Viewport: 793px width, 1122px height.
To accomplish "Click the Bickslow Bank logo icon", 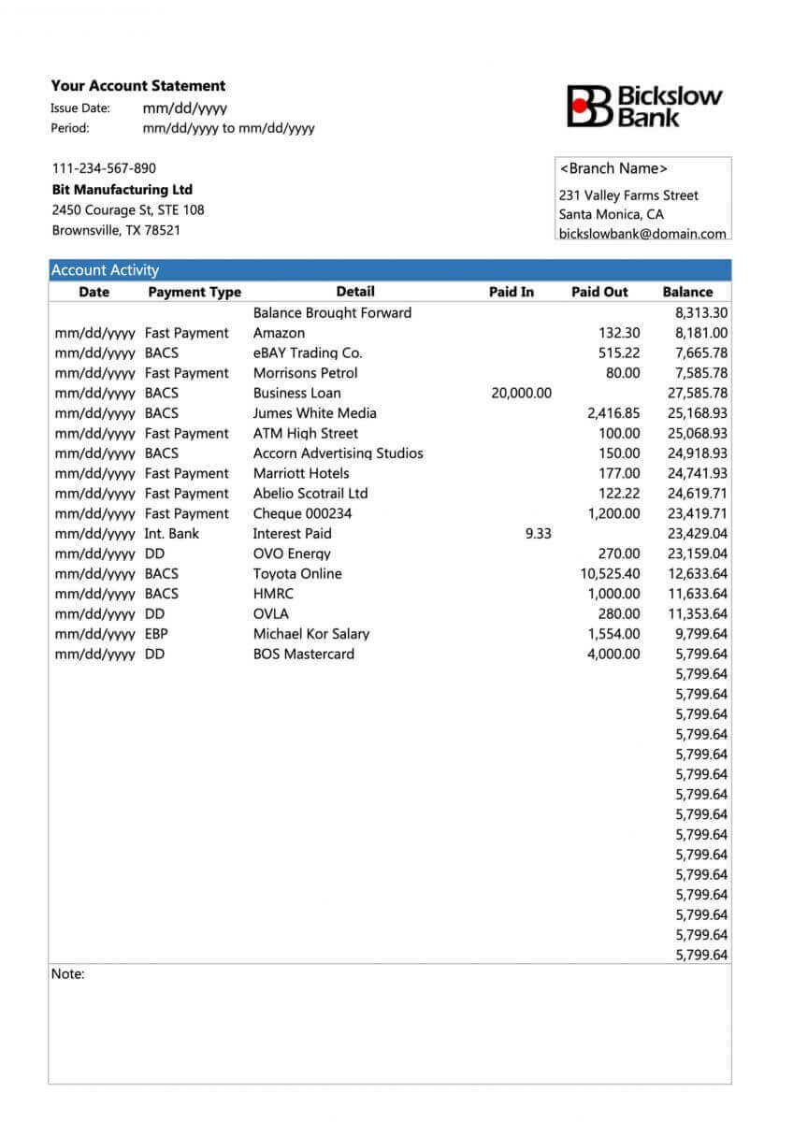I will pyautogui.click(x=587, y=106).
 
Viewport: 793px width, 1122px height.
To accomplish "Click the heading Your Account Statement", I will pyautogui.click(x=138, y=86).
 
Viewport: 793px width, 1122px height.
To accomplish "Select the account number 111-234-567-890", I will pyautogui.click(x=104, y=168).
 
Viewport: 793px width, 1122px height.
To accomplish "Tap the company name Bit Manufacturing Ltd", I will pyautogui.click(x=122, y=190).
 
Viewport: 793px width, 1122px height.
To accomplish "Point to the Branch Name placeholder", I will pyautogui.click(x=613, y=168).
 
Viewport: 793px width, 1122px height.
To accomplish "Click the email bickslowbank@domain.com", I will pyautogui.click(x=642, y=234).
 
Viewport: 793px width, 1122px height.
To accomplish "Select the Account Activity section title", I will pyautogui.click(x=105, y=270).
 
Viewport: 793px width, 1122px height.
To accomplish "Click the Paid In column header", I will pyautogui.click(x=512, y=292).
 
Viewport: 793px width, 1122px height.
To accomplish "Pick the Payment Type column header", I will pyautogui.click(x=195, y=292).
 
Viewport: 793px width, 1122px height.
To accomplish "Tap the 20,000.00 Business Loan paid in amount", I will pyautogui.click(x=521, y=393).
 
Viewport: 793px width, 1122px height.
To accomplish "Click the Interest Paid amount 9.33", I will pyautogui.click(x=539, y=534).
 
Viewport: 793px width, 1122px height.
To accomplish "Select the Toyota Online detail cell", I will pyautogui.click(x=297, y=574).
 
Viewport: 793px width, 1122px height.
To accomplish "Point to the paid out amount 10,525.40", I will pyautogui.click(x=610, y=574).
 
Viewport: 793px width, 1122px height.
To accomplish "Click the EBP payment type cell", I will pyautogui.click(x=156, y=634).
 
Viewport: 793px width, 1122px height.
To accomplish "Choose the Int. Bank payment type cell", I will pyautogui.click(x=172, y=534).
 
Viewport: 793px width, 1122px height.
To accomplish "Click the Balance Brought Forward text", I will pyautogui.click(x=332, y=312).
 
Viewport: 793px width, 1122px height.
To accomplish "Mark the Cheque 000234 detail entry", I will pyautogui.click(x=303, y=513).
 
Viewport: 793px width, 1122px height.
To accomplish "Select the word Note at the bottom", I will pyautogui.click(x=67, y=974).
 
